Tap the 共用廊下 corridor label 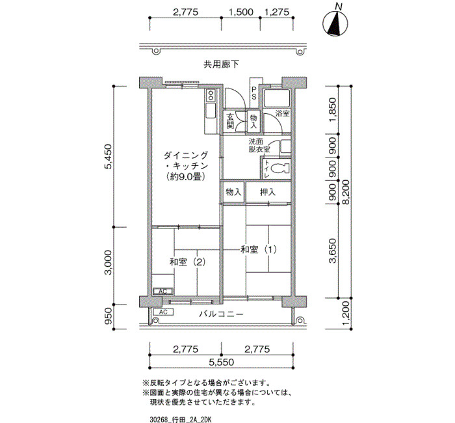pos(221,64)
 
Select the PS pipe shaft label pos(254,92)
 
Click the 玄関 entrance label pos(230,121)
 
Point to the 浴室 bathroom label pos(282,113)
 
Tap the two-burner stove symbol pos(210,95)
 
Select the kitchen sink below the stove pos(211,111)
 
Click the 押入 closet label pos(268,192)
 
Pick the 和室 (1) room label pos(258,249)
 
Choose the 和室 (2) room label pos(187,262)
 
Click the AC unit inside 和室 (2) pos(162,291)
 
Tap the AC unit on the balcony pos(163,312)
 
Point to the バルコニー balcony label pos(221,314)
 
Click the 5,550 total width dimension pos(222,362)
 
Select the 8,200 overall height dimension pos(346,193)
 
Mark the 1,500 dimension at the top pos(241,12)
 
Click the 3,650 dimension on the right pos(333,251)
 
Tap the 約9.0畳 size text pos(186,176)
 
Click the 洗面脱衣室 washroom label pos(259,146)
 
